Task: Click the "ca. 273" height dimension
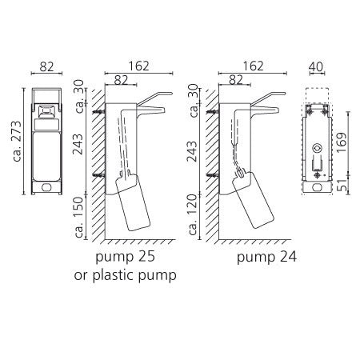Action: [17, 142]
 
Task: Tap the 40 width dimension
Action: [316, 66]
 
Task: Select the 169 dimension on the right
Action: [342, 142]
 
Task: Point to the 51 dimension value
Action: [342, 185]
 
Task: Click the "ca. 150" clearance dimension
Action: [79, 217]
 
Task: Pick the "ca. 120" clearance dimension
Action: [193, 214]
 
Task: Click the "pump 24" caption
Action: [266, 258]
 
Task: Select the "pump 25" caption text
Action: [125, 257]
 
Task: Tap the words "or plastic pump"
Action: [126, 275]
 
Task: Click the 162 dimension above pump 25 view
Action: [138, 66]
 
